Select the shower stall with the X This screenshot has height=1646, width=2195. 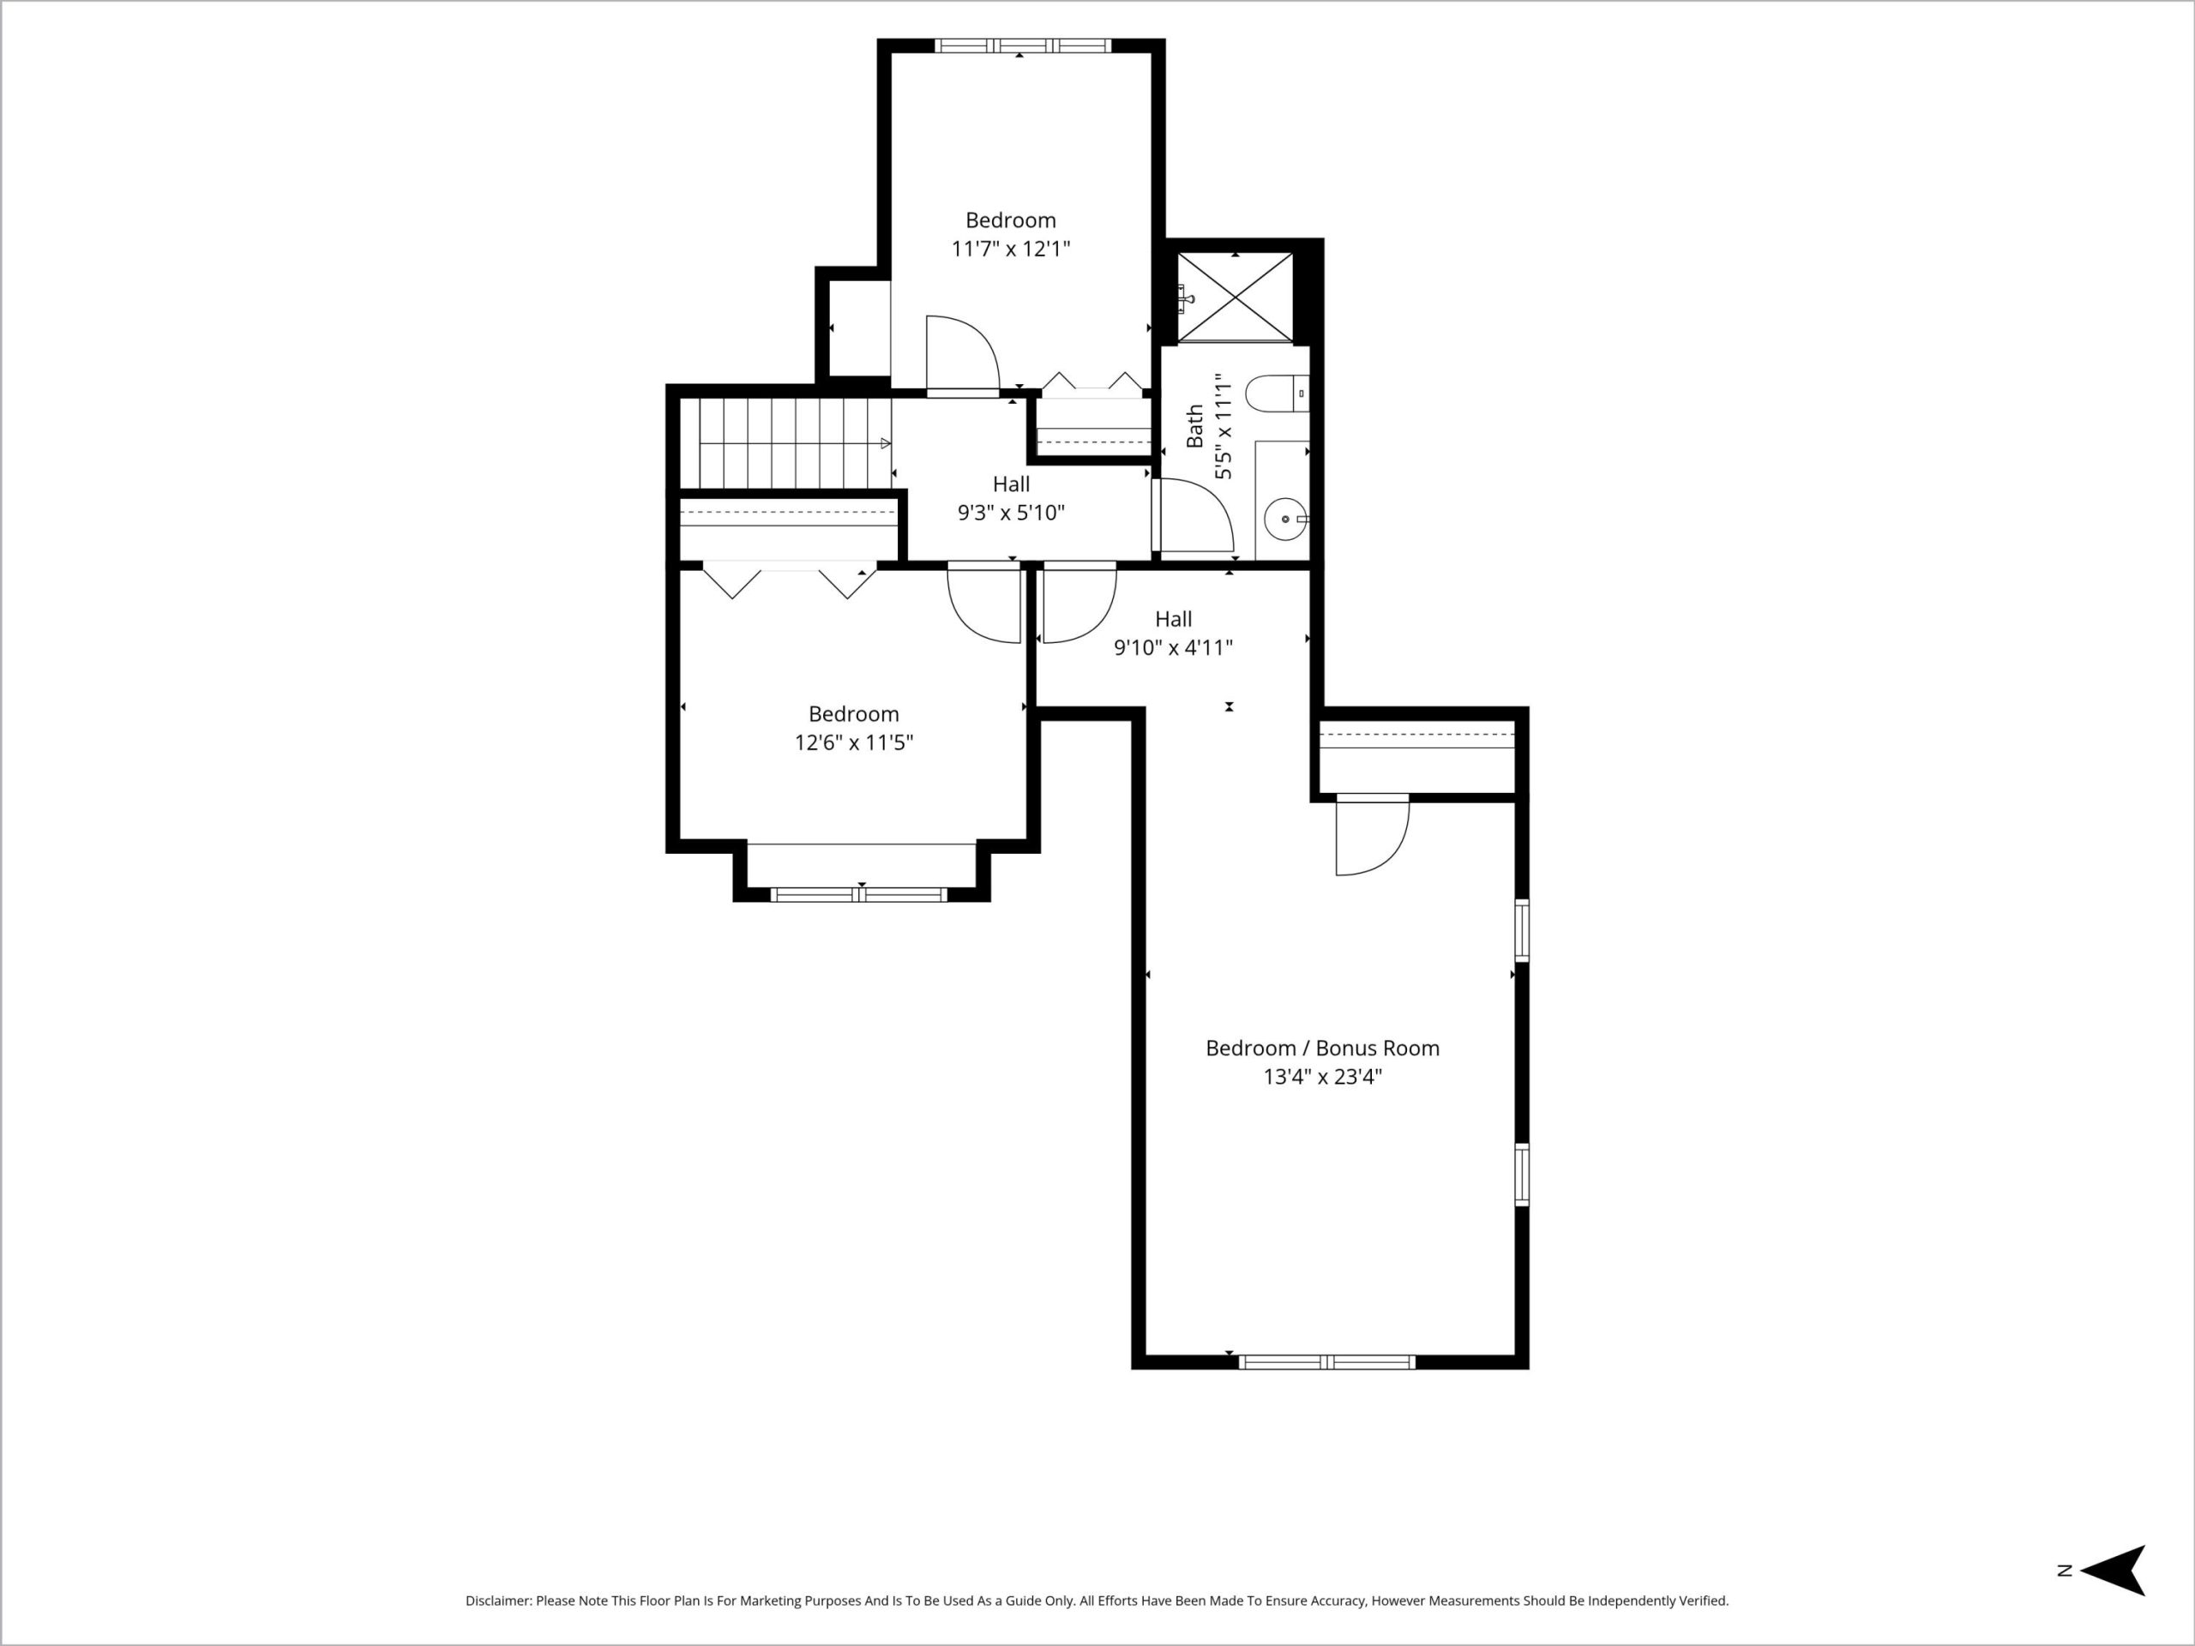[1236, 297]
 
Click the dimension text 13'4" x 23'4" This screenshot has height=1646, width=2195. [1322, 1077]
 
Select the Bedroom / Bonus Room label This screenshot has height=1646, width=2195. [1322, 1048]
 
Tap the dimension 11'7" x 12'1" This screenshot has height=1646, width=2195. [1010, 248]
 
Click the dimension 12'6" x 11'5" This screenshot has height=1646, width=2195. [853, 742]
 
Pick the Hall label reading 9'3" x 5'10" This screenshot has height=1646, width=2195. [1011, 498]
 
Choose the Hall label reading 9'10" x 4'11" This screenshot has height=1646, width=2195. [1173, 633]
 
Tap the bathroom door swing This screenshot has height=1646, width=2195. [1194, 515]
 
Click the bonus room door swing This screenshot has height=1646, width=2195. [1373, 835]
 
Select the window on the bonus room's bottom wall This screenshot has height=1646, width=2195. [1326, 1362]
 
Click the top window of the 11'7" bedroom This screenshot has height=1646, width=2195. [1022, 45]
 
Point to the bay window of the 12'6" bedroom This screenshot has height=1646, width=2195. [859, 895]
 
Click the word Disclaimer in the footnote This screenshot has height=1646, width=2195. [499, 1601]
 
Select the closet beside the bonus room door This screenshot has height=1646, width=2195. [1417, 757]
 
